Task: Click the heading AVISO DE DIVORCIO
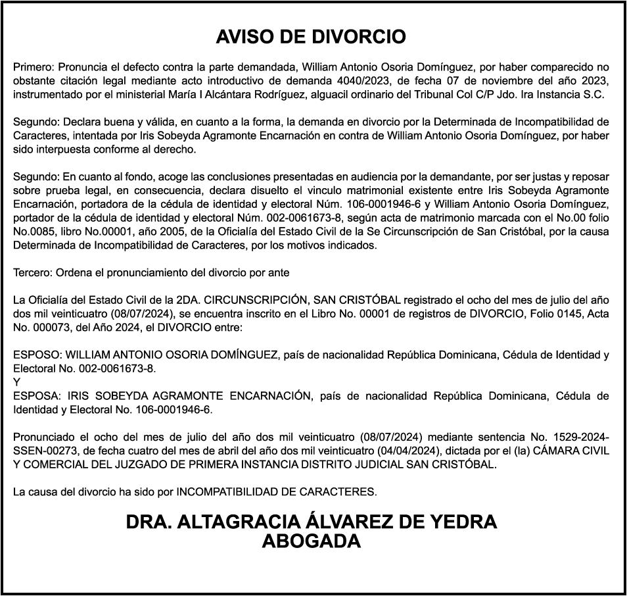(311, 37)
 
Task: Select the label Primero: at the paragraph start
(34, 67)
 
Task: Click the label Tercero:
(33, 272)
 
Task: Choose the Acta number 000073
(57, 327)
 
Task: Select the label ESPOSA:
(37, 396)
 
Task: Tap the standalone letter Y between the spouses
(17, 382)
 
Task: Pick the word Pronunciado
(43, 438)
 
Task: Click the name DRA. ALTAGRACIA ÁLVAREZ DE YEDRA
(311, 523)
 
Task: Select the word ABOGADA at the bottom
(311, 541)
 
